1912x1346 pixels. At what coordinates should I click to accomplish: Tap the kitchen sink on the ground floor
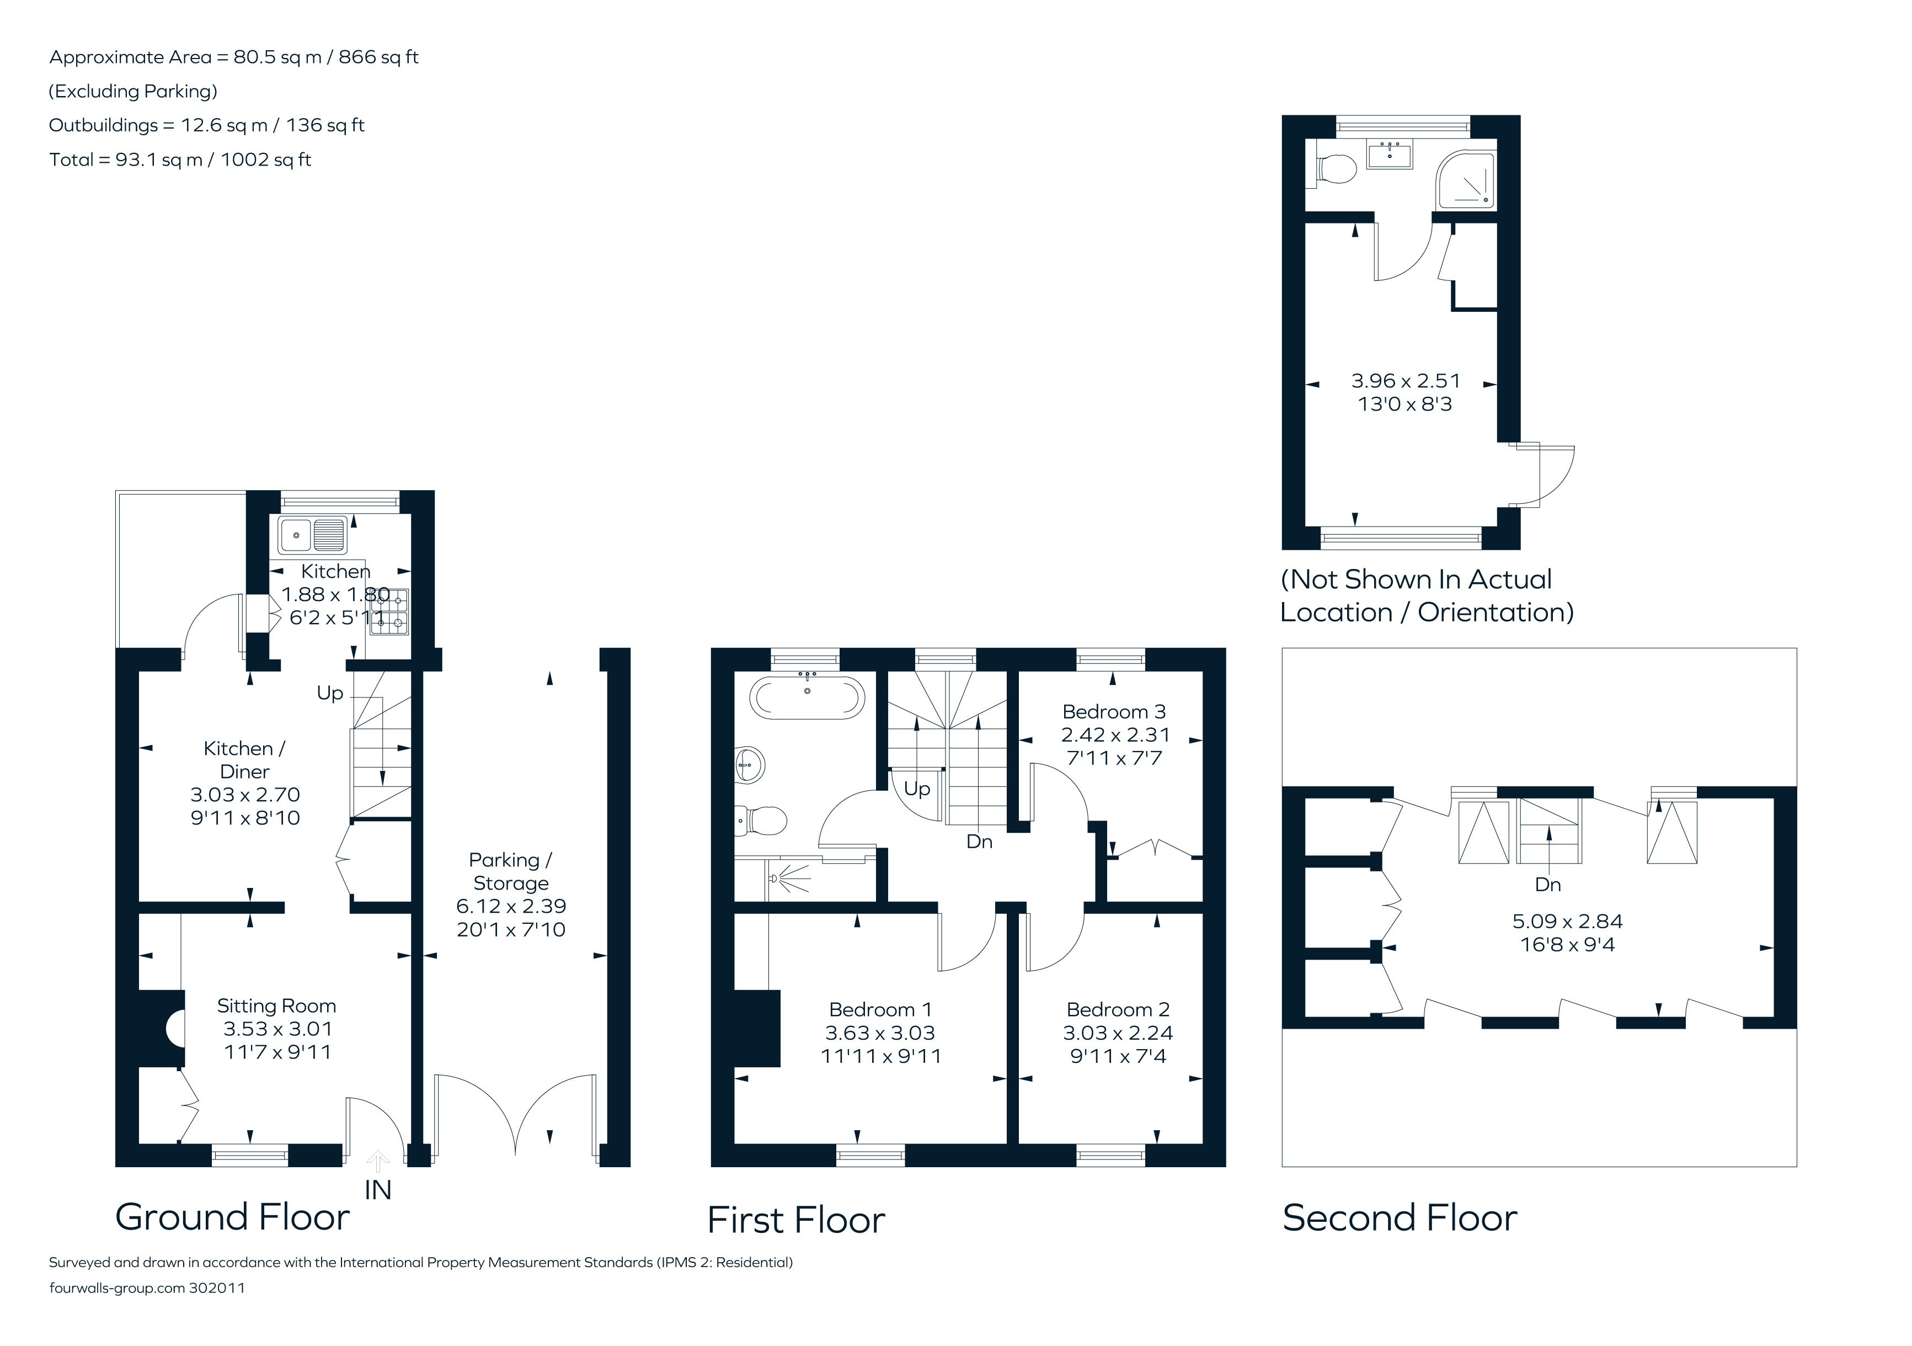click(312, 535)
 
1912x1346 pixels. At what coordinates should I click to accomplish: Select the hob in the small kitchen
click(389, 611)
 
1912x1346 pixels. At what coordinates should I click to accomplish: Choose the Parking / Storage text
click(510, 871)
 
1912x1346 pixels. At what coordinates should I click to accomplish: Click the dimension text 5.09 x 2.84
click(1567, 921)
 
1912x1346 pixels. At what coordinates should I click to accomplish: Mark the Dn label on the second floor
click(1547, 885)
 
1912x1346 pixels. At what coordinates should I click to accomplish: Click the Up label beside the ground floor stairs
click(330, 693)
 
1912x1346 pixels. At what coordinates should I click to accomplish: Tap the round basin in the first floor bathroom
click(750, 764)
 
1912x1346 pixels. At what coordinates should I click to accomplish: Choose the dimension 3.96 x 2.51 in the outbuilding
click(1405, 381)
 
